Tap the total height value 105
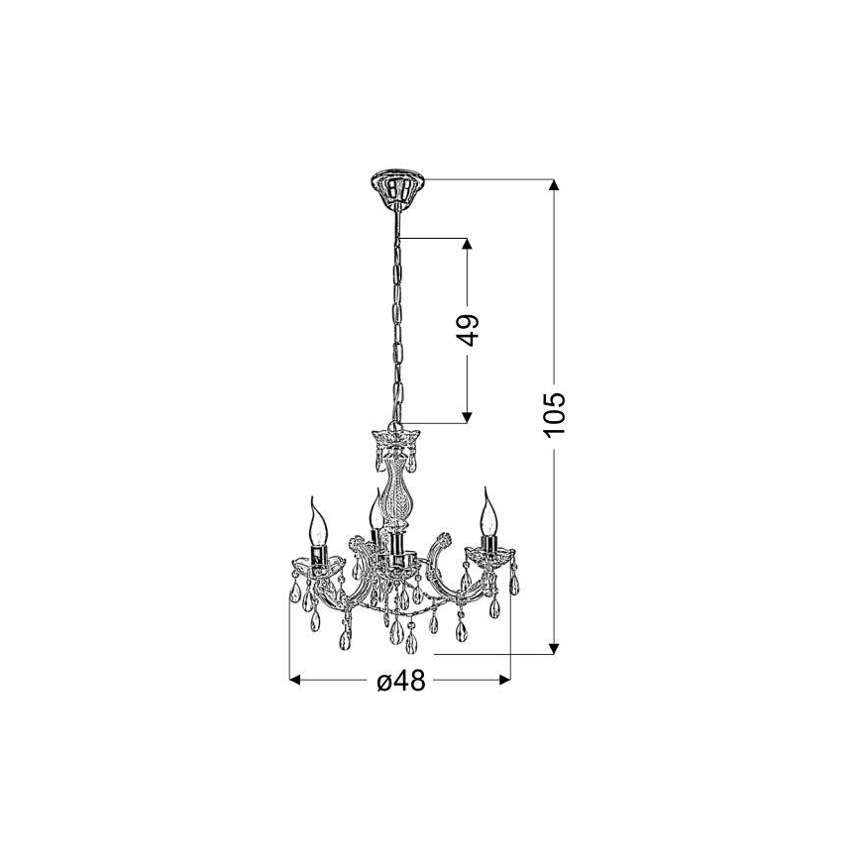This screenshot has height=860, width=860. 556,415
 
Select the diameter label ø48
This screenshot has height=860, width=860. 400,682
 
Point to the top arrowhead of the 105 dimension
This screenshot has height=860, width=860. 555,186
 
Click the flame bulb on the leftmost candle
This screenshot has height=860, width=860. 319,519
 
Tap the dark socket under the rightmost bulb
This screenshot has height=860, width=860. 487,545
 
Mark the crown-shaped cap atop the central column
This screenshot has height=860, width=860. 395,437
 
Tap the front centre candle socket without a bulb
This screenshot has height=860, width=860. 396,550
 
